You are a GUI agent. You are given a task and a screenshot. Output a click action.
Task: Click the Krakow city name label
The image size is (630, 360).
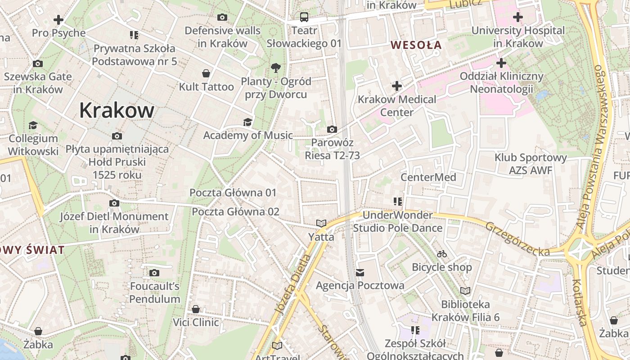117,110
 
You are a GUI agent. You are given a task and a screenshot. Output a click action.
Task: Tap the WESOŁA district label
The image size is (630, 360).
416,45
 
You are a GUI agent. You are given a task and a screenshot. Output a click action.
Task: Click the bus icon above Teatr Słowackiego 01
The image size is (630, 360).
304,18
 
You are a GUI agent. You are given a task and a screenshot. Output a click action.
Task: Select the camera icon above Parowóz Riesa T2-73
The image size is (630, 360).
332,130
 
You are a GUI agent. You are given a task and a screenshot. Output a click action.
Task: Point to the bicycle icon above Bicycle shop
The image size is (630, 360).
442,254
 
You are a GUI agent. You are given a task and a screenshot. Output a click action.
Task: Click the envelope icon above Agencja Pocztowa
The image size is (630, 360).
360,272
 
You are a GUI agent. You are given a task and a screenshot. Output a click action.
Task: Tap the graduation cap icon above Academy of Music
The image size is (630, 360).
247,122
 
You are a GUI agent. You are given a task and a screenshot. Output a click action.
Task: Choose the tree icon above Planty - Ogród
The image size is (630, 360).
276,68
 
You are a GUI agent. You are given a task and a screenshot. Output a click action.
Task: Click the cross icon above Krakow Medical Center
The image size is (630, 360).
397,86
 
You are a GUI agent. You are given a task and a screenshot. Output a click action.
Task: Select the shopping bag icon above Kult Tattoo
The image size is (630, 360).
206,73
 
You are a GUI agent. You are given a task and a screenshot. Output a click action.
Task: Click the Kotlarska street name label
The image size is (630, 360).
579,302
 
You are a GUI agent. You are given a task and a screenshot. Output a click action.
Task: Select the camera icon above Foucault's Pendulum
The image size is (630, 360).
154,273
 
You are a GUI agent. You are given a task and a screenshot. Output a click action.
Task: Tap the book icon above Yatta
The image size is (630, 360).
321,224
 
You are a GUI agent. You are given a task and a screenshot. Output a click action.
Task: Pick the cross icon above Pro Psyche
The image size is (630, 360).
58,20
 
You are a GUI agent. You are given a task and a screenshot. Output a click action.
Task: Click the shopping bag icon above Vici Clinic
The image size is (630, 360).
196,310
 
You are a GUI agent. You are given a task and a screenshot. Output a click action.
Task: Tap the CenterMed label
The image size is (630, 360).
428,177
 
